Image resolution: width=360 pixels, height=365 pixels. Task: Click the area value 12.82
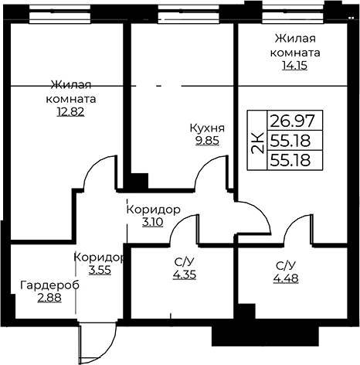pyautogui.click(x=70, y=112)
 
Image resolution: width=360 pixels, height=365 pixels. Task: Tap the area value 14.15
pyautogui.click(x=295, y=66)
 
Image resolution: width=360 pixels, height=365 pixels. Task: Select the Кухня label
pyautogui.click(x=207, y=128)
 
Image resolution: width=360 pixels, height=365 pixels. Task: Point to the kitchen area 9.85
pyautogui.click(x=207, y=141)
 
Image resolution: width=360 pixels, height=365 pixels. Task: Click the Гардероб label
pyautogui.click(x=50, y=285)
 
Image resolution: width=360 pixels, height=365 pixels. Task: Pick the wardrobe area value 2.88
pyautogui.click(x=49, y=298)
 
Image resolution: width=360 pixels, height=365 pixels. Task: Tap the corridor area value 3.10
pyautogui.click(x=153, y=222)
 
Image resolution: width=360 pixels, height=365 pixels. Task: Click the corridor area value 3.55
pyautogui.click(x=100, y=270)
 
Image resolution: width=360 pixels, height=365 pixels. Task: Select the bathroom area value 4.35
pyautogui.click(x=185, y=275)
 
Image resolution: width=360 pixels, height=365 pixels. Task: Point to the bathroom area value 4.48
pyautogui.click(x=286, y=278)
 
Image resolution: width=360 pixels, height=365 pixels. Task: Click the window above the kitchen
pyautogui.click(x=189, y=14)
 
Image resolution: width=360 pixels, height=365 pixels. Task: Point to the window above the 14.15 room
pyautogui.click(x=294, y=14)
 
